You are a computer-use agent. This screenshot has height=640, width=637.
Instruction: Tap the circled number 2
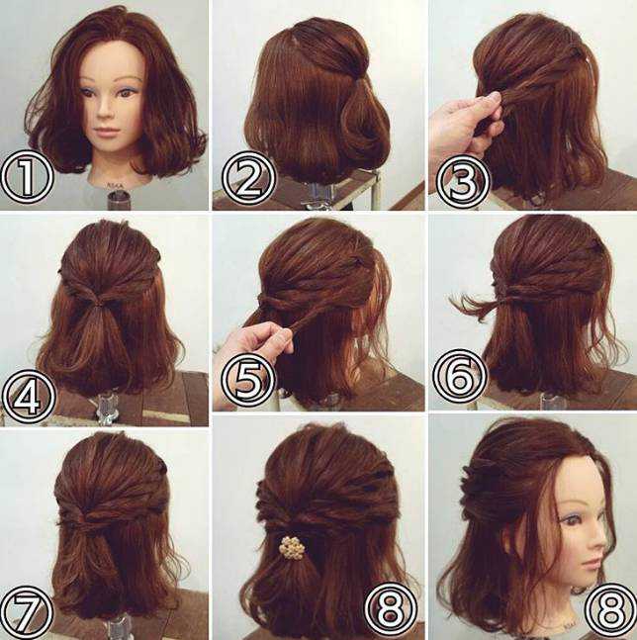pyautogui.click(x=248, y=179)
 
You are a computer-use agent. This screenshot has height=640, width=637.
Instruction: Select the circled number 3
pyautogui.click(x=462, y=181)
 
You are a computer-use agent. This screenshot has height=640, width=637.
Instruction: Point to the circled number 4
pyautogui.click(x=29, y=396)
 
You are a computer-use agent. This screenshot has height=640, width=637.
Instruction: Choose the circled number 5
pyautogui.click(x=248, y=378)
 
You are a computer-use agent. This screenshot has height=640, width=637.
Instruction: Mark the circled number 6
pyautogui.click(x=460, y=376)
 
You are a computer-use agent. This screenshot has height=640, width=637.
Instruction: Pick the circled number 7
pyautogui.click(x=28, y=612)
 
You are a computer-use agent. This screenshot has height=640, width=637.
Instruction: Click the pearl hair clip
pyautogui.click(x=290, y=548)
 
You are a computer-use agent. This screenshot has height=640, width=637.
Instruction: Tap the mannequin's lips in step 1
pyautogui.click(x=105, y=132)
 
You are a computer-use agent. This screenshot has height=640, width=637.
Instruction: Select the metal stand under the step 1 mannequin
pyautogui.click(x=117, y=200)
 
